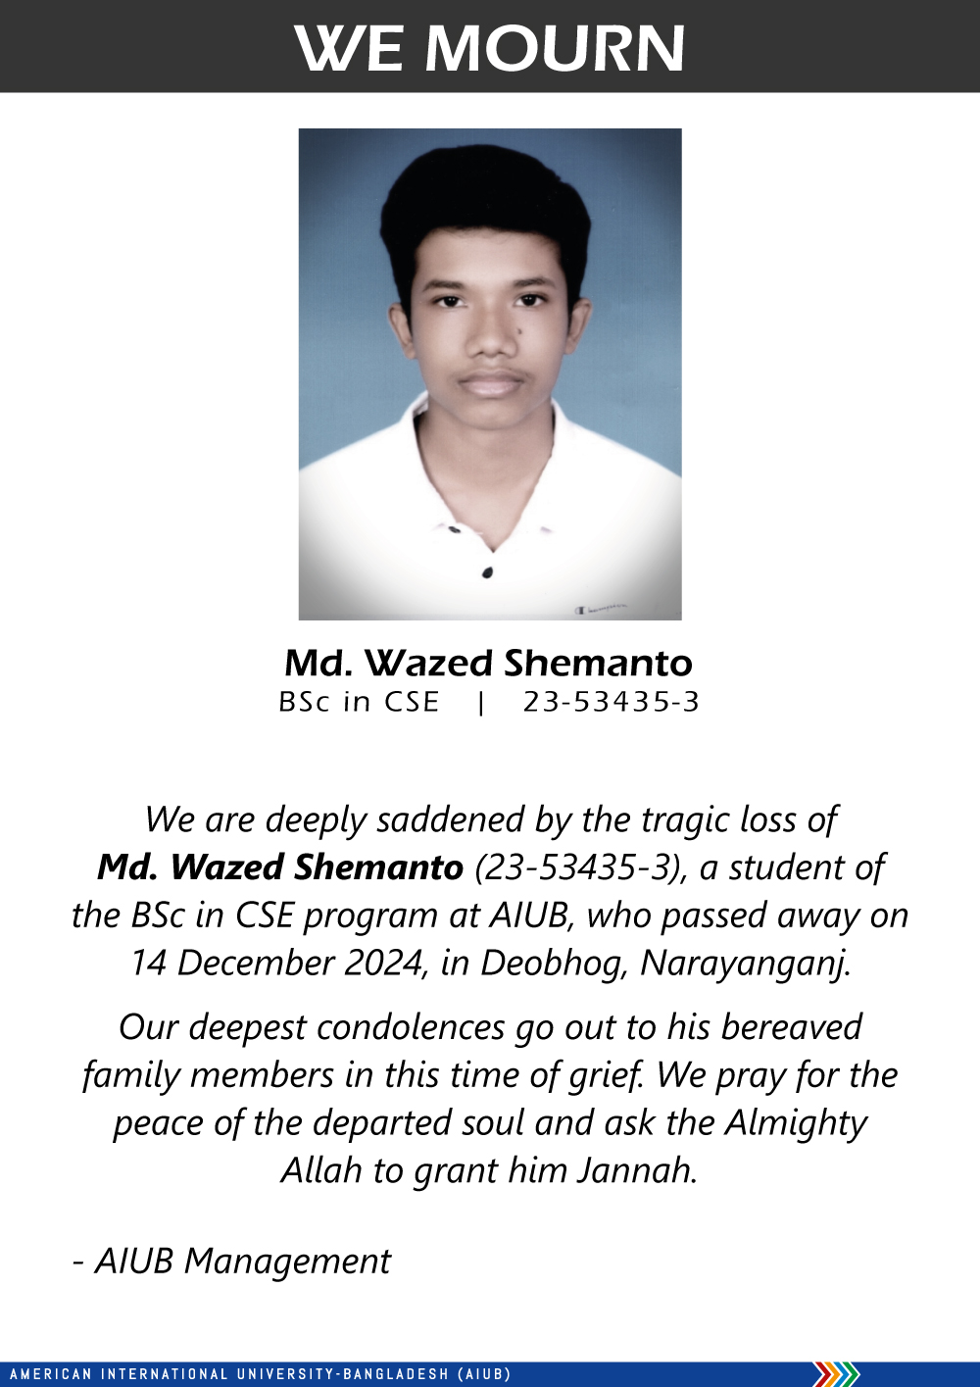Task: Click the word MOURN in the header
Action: point(555,48)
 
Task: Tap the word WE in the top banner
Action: point(348,48)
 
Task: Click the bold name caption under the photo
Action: point(488,664)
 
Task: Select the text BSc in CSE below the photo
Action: point(359,702)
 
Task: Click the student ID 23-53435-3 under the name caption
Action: point(612,702)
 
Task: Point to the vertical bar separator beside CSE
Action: point(480,703)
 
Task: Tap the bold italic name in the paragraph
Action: point(280,867)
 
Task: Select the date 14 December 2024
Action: point(277,963)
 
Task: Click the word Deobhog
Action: point(553,964)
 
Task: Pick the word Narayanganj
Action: point(745,964)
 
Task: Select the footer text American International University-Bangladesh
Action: point(260,1374)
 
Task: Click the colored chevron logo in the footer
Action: point(836,1374)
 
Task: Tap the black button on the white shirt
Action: point(487,572)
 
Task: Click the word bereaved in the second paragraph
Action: point(791,1027)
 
